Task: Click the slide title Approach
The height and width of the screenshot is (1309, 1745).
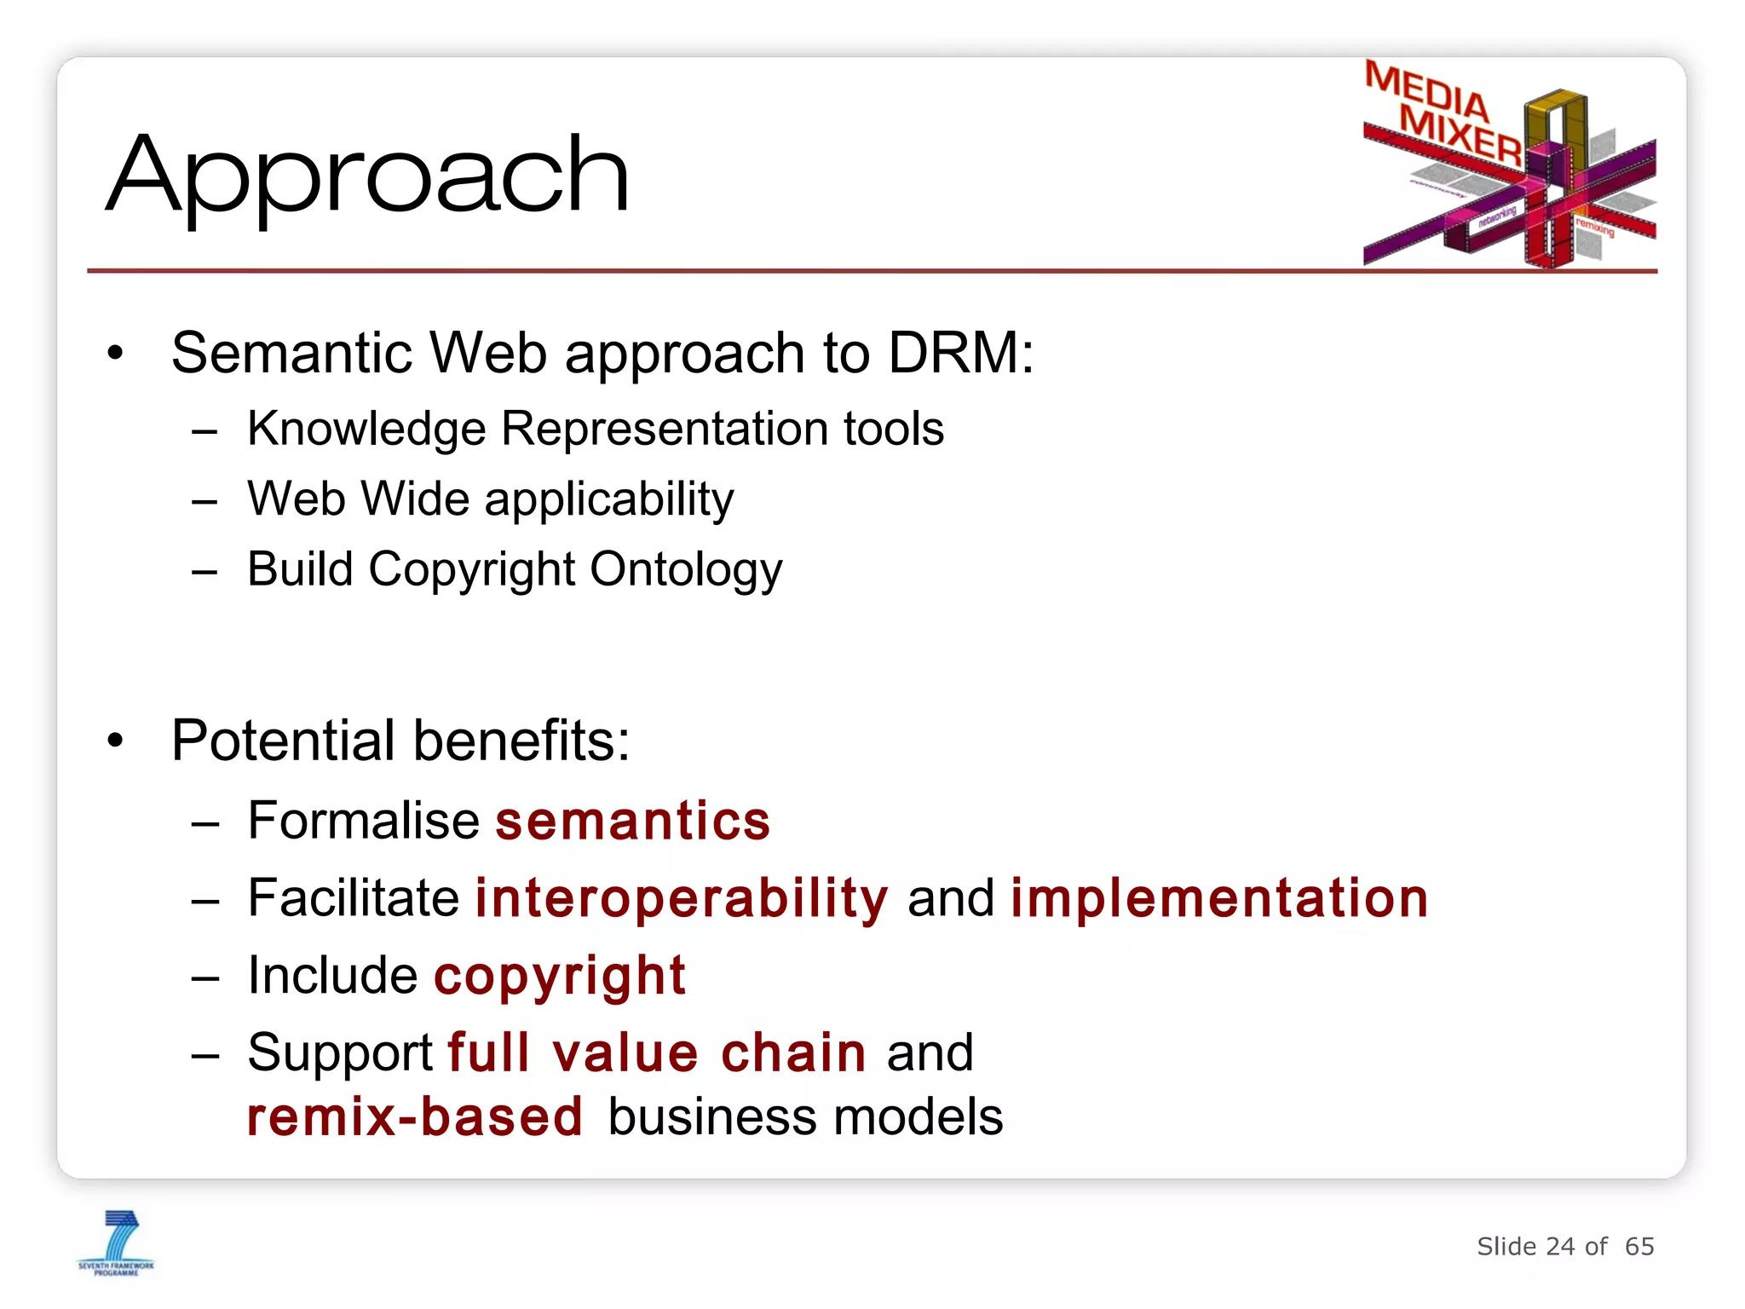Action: (368, 176)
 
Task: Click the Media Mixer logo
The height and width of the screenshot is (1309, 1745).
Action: (1508, 164)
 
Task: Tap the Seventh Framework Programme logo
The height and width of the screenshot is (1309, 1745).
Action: (117, 1243)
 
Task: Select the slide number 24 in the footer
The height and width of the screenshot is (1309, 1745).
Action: (1560, 1247)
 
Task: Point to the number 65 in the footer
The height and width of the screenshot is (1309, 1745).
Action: (1639, 1247)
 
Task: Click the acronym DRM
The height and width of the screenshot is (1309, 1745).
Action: (959, 352)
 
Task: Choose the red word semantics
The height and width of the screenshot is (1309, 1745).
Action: (632, 821)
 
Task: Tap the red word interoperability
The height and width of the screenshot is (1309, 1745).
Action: (682, 898)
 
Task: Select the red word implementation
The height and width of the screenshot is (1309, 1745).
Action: (1218, 898)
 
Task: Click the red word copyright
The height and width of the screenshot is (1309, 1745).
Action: (560, 977)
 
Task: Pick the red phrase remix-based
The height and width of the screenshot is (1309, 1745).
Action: (415, 1117)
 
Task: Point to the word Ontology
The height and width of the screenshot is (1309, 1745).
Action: (686, 569)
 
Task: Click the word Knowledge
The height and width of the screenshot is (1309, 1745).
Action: (366, 429)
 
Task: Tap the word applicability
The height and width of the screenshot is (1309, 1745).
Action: (609, 499)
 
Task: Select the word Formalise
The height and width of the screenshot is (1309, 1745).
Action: (364, 821)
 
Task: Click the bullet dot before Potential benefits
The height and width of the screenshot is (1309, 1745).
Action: (116, 741)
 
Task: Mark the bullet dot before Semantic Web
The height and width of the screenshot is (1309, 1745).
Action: (116, 353)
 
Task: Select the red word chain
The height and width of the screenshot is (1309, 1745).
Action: (793, 1052)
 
